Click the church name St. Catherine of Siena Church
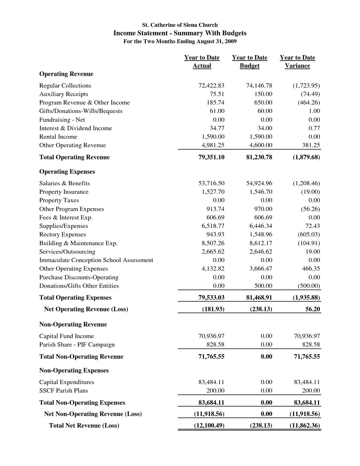click(x=180, y=25)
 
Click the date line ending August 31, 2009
click(x=180, y=41)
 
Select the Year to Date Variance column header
click(x=297, y=62)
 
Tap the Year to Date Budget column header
click(x=250, y=62)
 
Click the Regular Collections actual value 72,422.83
click(x=211, y=86)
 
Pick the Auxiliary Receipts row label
click(x=64, y=94)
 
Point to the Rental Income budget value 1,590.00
click(x=261, y=137)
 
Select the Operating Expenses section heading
click(x=67, y=172)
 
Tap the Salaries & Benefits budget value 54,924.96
click(x=259, y=183)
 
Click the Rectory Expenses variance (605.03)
click(x=309, y=234)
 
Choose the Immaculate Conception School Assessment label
click(x=96, y=260)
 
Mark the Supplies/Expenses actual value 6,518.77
click(x=213, y=226)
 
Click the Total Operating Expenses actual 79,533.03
click(x=211, y=297)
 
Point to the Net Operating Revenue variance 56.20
click(x=313, y=309)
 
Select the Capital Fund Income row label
click(x=67, y=336)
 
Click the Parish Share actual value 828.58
click(x=215, y=345)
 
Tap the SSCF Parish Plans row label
click(x=64, y=391)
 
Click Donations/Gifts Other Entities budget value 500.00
click(x=263, y=286)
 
